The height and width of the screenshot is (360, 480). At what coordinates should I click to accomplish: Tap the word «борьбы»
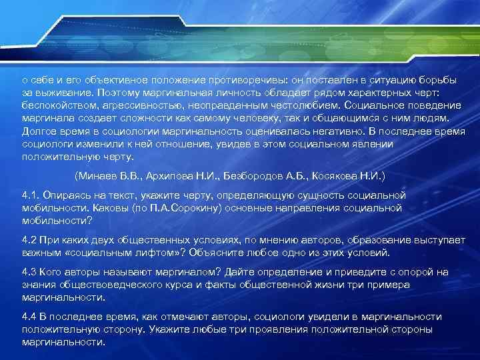click(x=439, y=80)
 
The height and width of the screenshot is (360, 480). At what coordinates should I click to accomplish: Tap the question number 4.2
click(x=29, y=239)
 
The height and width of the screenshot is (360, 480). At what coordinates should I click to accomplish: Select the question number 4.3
click(x=29, y=272)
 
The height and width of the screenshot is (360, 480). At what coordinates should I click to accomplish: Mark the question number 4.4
click(x=29, y=317)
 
